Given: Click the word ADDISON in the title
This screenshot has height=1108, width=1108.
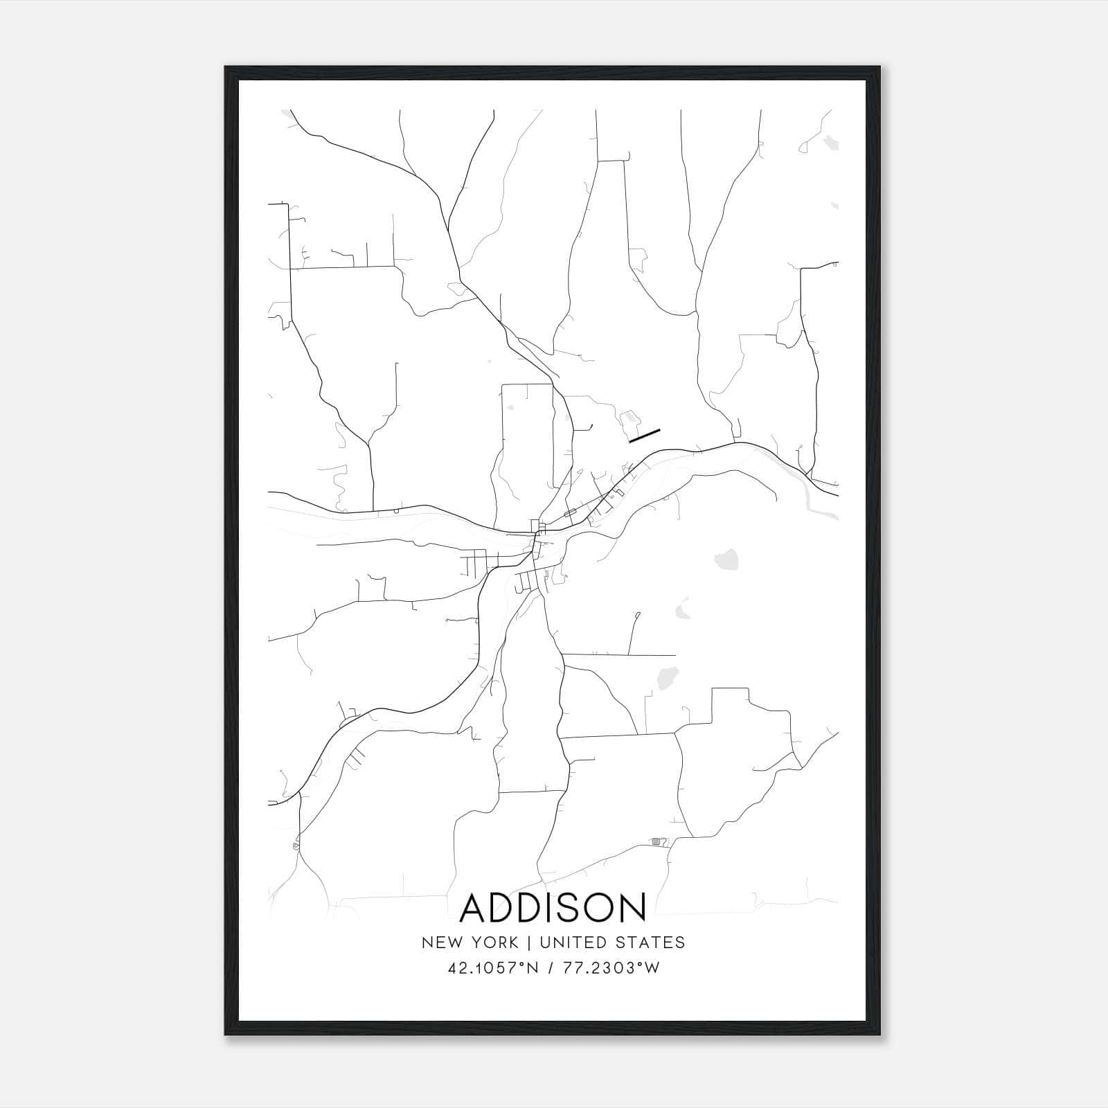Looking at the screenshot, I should (553, 908).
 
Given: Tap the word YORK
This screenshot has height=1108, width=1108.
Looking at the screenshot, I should (494, 942).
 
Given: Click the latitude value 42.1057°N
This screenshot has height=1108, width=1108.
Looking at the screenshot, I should (493, 968).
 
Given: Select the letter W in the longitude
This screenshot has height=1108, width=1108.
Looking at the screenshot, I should (652, 968).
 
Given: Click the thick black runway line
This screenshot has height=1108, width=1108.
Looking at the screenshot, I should (645, 435).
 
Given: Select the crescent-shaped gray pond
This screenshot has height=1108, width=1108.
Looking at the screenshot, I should (682, 608).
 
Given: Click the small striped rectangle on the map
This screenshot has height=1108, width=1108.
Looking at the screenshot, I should (657, 841).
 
